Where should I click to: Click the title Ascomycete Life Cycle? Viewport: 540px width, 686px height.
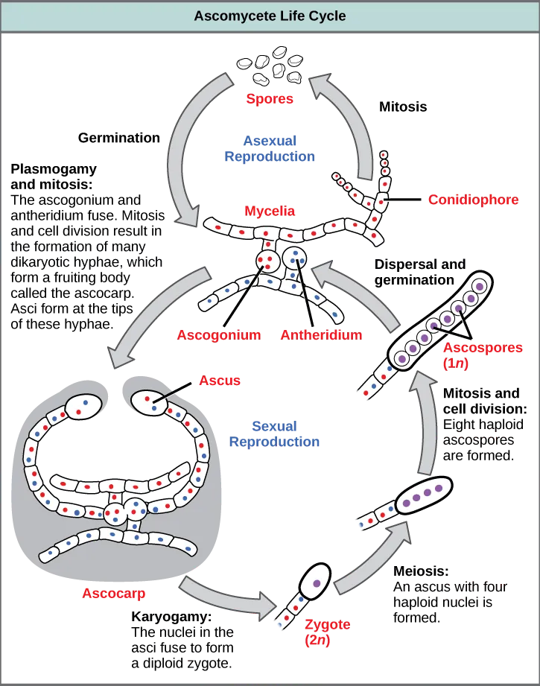pos(270,15)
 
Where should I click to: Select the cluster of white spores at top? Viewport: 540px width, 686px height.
pos(270,66)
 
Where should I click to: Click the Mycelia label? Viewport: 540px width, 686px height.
pos(270,212)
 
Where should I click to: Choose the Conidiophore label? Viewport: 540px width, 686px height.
pos(473,200)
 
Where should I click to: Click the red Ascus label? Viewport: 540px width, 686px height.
pos(220,381)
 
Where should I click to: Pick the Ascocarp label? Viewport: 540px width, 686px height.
pos(114,594)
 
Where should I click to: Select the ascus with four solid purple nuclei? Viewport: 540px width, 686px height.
pos(423,495)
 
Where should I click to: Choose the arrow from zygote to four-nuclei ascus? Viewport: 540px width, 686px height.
pos(372,555)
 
